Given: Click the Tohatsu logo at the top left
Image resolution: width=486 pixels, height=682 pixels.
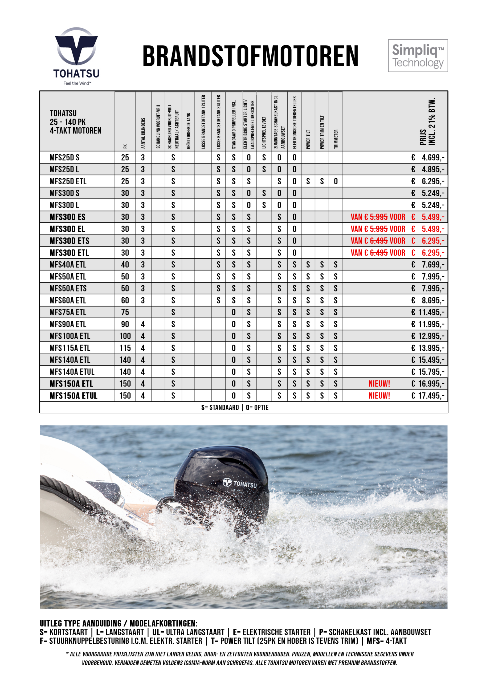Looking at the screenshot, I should coord(76,55).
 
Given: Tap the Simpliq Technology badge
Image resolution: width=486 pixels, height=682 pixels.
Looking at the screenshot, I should coord(418,56).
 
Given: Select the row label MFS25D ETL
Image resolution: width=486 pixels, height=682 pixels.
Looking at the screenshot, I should coord(68,181).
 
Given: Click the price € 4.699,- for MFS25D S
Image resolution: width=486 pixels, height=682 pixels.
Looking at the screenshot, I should coord(428,157).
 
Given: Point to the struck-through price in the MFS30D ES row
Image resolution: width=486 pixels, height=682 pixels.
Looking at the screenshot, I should coord(379,217).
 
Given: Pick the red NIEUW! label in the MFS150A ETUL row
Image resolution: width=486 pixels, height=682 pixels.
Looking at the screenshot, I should coord(379,396).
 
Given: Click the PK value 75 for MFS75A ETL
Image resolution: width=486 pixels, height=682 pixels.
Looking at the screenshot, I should coord(125,312).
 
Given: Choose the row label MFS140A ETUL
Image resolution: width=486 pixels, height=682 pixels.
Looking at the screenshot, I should coord(72,372).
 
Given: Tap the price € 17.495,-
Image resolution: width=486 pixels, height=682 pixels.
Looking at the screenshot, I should coord(428,396).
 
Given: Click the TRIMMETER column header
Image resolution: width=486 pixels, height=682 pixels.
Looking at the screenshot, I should coord(336,139).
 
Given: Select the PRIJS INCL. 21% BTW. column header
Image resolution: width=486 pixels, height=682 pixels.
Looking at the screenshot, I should coord(427,121).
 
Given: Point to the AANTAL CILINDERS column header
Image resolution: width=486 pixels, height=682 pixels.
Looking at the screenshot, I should coord(143,133).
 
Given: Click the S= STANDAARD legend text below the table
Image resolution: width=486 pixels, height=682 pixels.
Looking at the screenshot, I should coord(220,407).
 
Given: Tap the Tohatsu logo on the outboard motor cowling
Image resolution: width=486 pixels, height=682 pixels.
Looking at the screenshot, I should coord(240,483).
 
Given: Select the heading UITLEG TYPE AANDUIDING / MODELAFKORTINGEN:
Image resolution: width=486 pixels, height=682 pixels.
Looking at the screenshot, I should coord(119,624).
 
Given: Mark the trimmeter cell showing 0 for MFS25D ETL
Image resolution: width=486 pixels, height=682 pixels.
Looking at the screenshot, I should coord(336,181).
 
